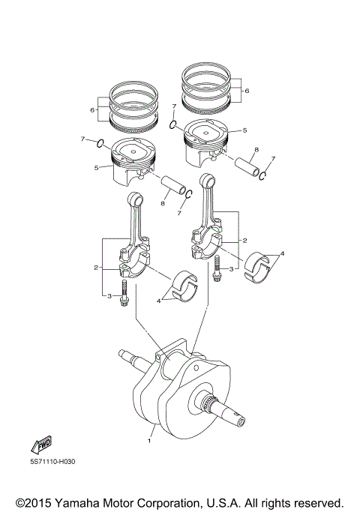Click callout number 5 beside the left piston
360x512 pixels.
[x=96, y=167]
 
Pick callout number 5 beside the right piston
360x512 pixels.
[x=244, y=130]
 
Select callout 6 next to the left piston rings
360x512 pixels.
[x=92, y=109]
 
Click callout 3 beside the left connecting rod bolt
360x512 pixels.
[x=109, y=297]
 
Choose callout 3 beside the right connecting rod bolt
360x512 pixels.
[x=232, y=268]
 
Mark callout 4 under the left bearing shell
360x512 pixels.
[x=158, y=301]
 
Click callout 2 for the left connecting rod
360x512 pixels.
[x=95, y=267]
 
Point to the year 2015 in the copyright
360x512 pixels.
[x=42, y=502]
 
